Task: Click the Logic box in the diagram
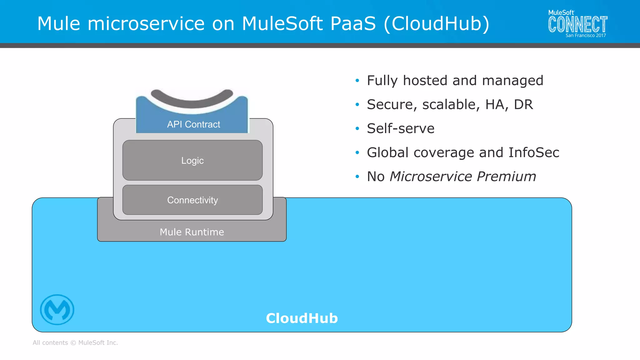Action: pyautogui.click(x=192, y=160)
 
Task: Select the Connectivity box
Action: pyautogui.click(x=192, y=200)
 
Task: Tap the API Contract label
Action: pyautogui.click(x=193, y=124)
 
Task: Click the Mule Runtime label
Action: pyautogui.click(x=192, y=232)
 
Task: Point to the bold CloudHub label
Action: pyautogui.click(x=302, y=318)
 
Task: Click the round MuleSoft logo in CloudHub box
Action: pyautogui.click(x=57, y=310)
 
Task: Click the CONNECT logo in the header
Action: pyautogui.click(x=577, y=25)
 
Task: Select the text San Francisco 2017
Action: pyautogui.click(x=586, y=36)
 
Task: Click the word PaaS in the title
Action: pyautogui.click(x=353, y=23)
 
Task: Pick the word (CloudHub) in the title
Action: pyautogui.click(x=436, y=23)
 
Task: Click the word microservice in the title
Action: pyautogui.click(x=146, y=23)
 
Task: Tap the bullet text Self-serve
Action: pyautogui.click(x=400, y=128)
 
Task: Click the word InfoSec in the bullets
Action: pyautogui.click(x=533, y=152)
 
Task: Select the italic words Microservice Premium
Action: pyautogui.click(x=462, y=177)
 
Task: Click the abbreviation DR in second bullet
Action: pyautogui.click(x=523, y=104)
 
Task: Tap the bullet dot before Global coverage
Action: pyautogui.click(x=357, y=152)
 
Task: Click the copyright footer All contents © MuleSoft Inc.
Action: pyautogui.click(x=75, y=342)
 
